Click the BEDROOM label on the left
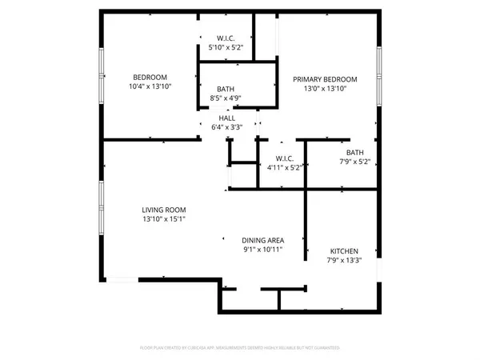(x=150, y=77)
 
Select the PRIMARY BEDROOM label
(x=324, y=79)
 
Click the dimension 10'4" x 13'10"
(x=150, y=86)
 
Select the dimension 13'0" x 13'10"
(x=324, y=89)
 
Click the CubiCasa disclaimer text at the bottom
(x=240, y=348)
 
